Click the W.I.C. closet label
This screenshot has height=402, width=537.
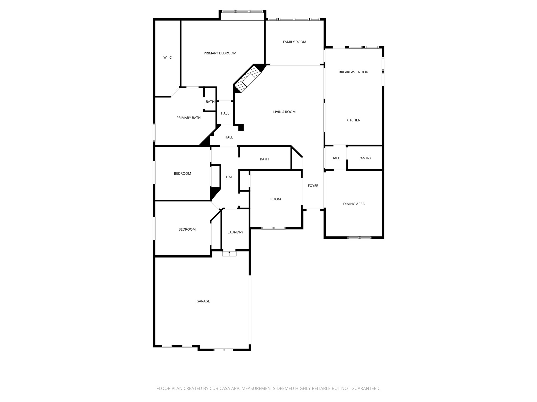[168, 58]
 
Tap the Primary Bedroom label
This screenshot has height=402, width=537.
[220, 53]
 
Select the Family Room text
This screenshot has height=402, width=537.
[294, 42]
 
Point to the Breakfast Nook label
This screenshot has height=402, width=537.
[353, 72]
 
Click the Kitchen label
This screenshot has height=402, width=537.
[353, 120]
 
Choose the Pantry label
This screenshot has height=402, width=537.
[365, 158]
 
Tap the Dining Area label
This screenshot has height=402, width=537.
[354, 204]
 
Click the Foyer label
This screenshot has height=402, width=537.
[313, 186]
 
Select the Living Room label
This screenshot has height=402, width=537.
[284, 112]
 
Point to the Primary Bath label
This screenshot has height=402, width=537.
[188, 118]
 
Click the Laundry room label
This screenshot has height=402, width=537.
[235, 232]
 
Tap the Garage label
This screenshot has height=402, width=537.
[203, 301]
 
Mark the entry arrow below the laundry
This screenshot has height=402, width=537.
[229, 253]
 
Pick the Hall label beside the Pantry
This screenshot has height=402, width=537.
[335, 158]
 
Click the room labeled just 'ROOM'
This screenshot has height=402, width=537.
[275, 199]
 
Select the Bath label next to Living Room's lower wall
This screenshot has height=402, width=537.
[264, 159]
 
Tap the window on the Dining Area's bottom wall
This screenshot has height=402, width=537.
[359, 238]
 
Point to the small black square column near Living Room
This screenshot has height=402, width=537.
[241, 128]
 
